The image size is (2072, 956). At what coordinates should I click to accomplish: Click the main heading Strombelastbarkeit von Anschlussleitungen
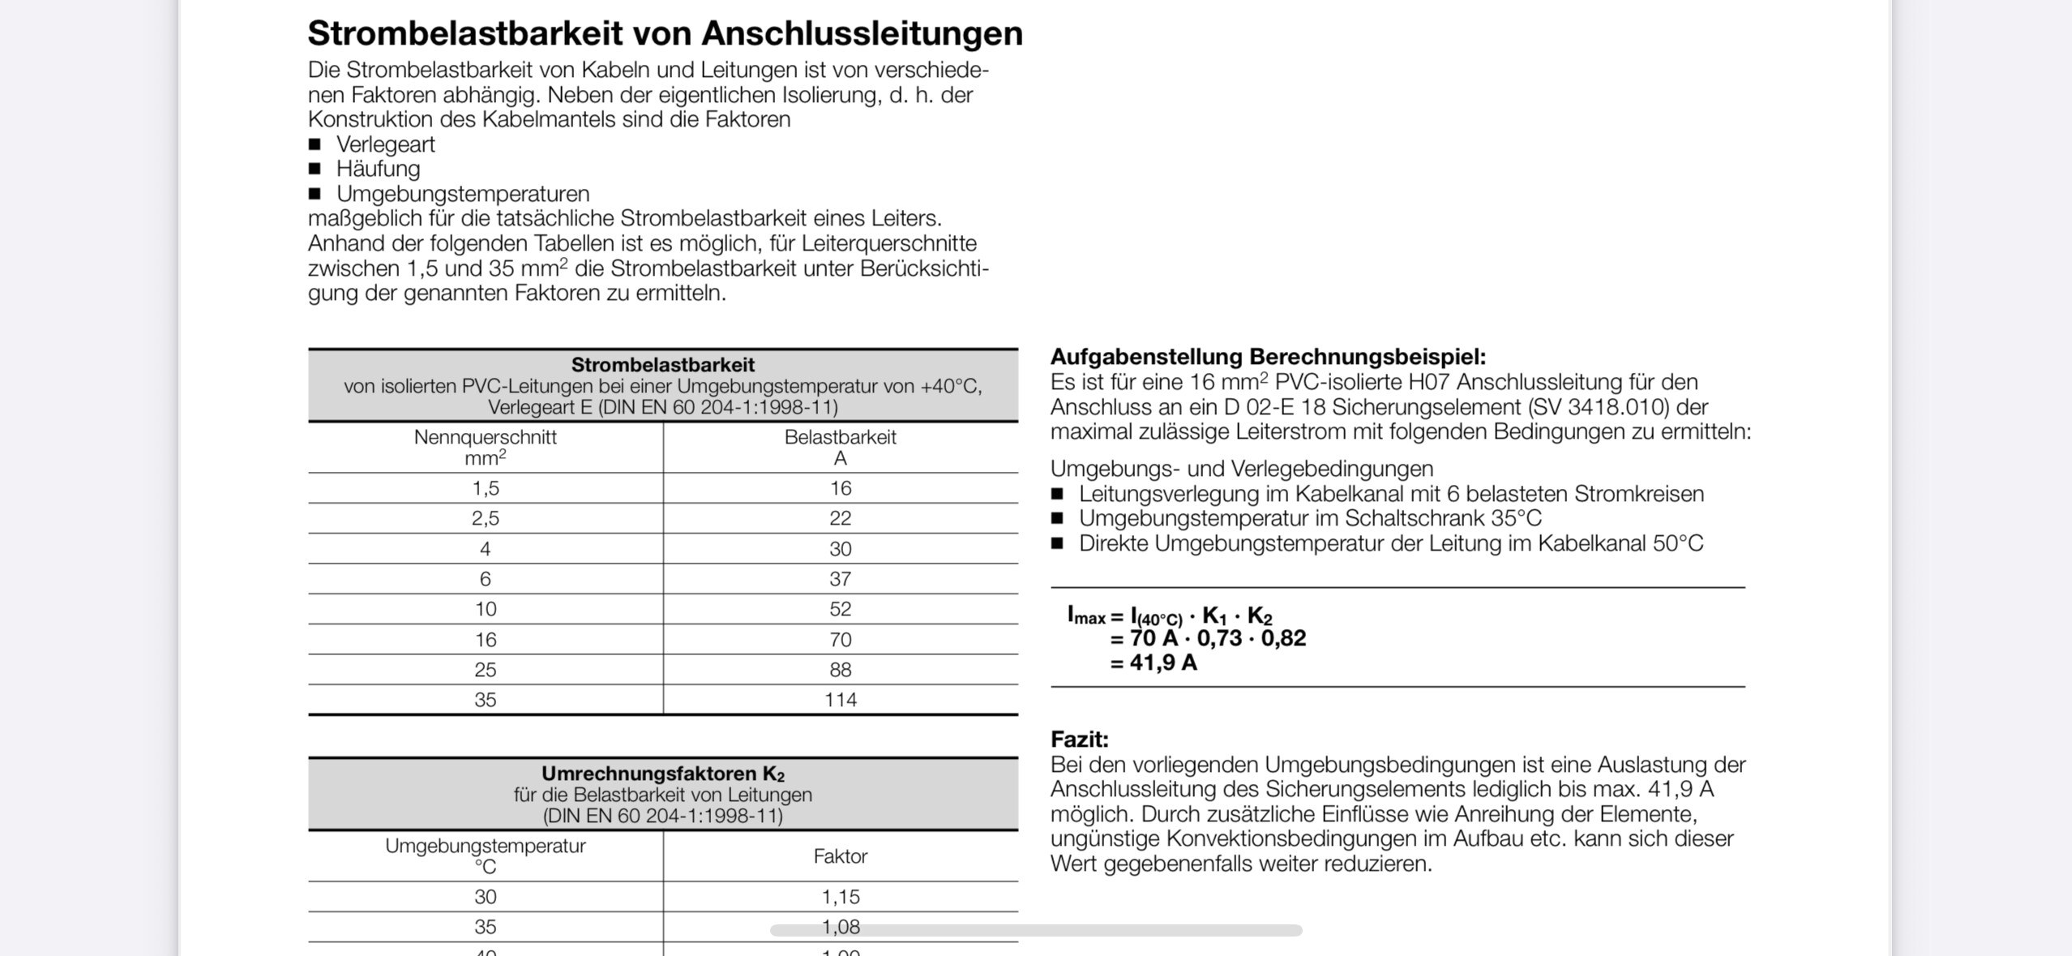click(x=665, y=34)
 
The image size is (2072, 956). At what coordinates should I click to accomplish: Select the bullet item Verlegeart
click(x=385, y=144)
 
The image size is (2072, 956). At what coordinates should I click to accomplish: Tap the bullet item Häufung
click(x=378, y=169)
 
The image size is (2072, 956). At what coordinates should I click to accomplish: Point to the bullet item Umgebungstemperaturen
click(x=462, y=194)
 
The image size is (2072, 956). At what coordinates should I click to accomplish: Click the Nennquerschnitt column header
click(x=485, y=438)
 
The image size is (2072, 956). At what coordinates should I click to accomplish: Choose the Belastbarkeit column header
click(x=840, y=438)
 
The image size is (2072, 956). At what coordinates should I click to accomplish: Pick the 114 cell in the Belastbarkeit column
click(x=840, y=700)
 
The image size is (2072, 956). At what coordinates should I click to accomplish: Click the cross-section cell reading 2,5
click(x=485, y=518)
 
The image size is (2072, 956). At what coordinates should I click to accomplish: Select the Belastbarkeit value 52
click(x=840, y=609)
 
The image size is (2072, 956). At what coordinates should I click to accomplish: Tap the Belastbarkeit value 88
click(x=840, y=670)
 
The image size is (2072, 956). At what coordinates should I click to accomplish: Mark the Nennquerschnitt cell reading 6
click(x=485, y=579)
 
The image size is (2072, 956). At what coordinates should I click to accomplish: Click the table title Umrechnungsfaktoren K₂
click(x=662, y=774)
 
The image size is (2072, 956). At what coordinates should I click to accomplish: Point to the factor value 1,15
click(x=840, y=897)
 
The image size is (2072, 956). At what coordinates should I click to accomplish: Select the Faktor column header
click(x=840, y=856)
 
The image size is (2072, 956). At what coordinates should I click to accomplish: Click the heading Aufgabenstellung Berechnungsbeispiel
click(x=1268, y=357)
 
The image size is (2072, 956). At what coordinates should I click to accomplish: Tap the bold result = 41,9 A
click(x=1154, y=663)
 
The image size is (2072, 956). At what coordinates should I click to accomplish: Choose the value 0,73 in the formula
click(x=1219, y=639)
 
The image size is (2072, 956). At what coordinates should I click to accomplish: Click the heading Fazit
click(x=1079, y=740)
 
